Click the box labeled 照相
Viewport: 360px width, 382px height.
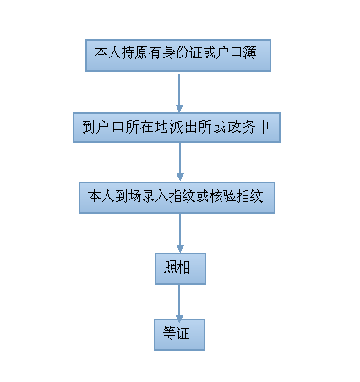180,269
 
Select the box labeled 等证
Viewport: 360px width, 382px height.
179,335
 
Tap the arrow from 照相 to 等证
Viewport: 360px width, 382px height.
179,303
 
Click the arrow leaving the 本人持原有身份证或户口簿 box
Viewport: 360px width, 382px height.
179,93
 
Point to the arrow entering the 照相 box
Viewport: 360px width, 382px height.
180,233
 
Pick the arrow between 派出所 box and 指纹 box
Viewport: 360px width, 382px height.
180,161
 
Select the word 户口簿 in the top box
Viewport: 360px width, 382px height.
237,52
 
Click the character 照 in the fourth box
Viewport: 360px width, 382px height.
170,267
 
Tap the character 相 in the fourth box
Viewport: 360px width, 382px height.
183,267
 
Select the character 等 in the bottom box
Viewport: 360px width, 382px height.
169,333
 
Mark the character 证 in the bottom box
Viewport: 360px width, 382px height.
183,333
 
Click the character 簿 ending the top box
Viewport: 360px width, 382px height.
250,52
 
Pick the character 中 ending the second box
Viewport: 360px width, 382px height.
263,127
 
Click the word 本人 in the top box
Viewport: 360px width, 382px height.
107,52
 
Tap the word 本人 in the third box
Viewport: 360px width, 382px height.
101,196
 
